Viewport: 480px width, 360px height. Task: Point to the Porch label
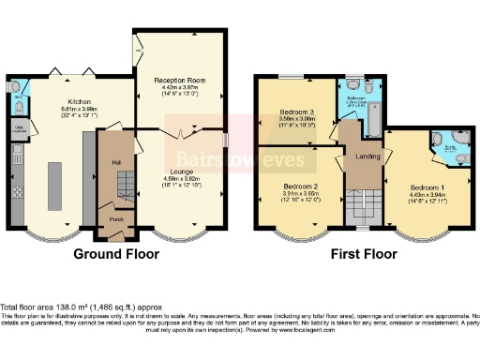(x=118, y=221)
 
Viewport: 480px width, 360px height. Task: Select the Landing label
(x=367, y=157)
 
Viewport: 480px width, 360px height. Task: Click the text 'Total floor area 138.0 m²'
(x=47, y=307)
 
